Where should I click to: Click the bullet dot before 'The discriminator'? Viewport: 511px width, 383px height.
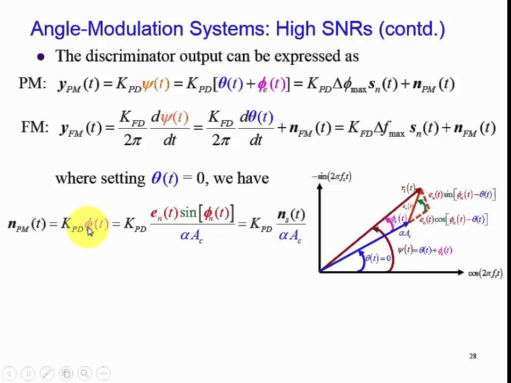click(41, 56)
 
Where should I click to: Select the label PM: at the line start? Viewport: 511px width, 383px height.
click(32, 84)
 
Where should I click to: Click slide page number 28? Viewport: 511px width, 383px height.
click(473, 356)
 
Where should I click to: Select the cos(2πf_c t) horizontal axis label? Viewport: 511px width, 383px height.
click(485, 273)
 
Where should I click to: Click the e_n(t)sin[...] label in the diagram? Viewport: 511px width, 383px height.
click(461, 195)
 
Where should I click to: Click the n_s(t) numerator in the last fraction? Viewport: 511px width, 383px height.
click(291, 215)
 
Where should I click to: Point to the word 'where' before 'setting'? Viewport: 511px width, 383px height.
click(76, 178)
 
